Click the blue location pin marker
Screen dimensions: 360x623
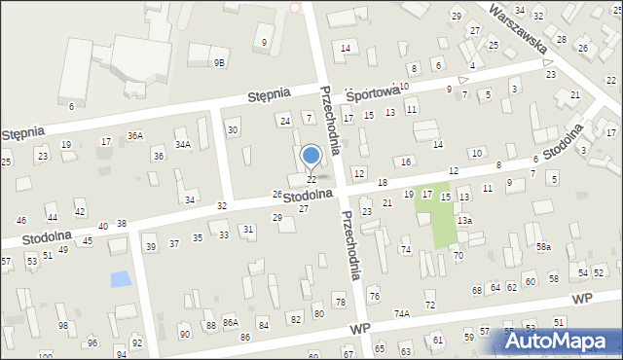pyautogui.click(x=311, y=156)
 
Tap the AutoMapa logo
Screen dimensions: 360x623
pyautogui.click(x=559, y=341)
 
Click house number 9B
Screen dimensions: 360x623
pyautogui.click(x=220, y=62)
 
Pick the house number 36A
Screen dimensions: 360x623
pyautogui.click(x=134, y=135)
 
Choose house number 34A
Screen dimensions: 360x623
pyautogui.click(x=182, y=144)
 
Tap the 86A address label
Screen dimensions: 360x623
pyautogui.click(x=230, y=321)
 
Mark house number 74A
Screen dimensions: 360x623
pyautogui.click(x=401, y=313)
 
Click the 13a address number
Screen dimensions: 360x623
pyautogui.click(x=465, y=221)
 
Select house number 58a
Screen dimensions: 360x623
pyautogui.click(x=542, y=247)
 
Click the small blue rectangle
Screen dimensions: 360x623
pyautogui.click(x=120, y=279)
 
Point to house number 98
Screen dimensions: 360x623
pyautogui.click(x=62, y=325)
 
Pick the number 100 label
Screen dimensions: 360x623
pyautogui.click(x=45, y=356)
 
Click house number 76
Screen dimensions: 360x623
pyautogui.click(x=374, y=296)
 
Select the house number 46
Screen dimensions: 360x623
pyautogui.click(x=21, y=221)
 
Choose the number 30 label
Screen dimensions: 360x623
pyautogui.click(x=232, y=129)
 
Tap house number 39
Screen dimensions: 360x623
pyautogui.click(x=150, y=246)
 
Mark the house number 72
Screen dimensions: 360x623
pyautogui.click(x=429, y=306)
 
